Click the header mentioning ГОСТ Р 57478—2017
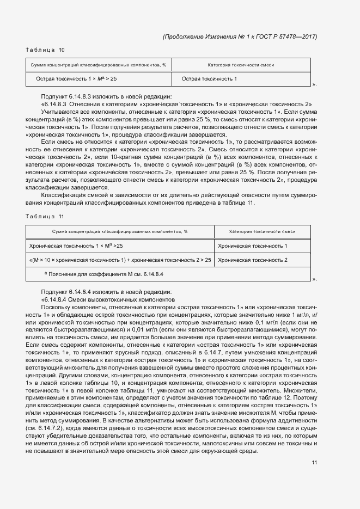[x=240, y=36]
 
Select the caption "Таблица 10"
[x=45, y=50]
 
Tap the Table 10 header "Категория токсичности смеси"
[x=241, y=65]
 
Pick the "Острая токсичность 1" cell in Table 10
[x=209, y=79]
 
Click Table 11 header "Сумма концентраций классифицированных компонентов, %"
[x=120, y=232]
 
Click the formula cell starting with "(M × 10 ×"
[x=120, y=260]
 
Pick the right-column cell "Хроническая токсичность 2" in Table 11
[x=253, y=260]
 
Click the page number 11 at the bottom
[x=314, y=463]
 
